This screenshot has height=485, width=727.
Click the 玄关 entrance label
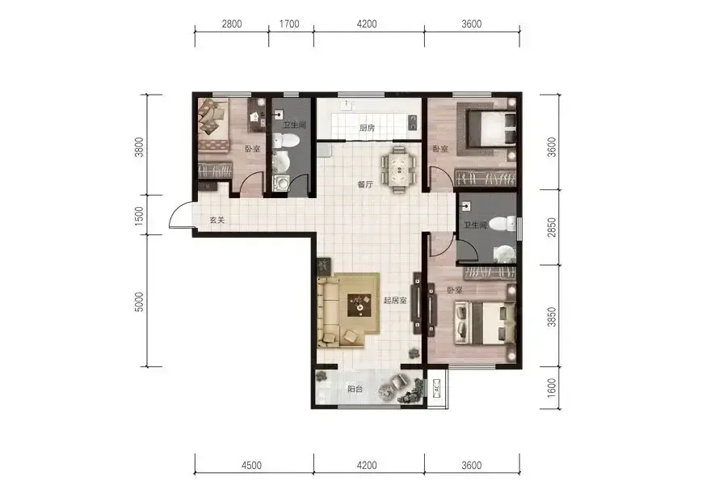coord(217,221)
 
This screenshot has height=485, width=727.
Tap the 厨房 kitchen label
coord(367,128)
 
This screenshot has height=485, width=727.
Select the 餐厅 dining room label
coord(365,184)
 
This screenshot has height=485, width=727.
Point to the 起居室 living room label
coord(395,300)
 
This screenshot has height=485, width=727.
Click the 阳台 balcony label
coord(355,389)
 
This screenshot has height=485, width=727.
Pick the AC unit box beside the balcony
coord(436,388)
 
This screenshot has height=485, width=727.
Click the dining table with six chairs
coord(398,169)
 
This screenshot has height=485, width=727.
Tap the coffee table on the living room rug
coord(359,305)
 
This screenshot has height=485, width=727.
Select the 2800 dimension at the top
coord(231,23)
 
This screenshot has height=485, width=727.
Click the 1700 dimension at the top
coord(289,23)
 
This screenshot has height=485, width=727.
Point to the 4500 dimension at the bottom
coord(251,465)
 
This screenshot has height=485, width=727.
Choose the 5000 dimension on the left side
coord(139,302)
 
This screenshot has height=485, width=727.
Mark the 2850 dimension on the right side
coord(551,227)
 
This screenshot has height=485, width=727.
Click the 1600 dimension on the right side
coord(551,388)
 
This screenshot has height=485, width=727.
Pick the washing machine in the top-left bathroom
coord(280,183)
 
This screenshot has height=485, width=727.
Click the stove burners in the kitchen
coord(412,123)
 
